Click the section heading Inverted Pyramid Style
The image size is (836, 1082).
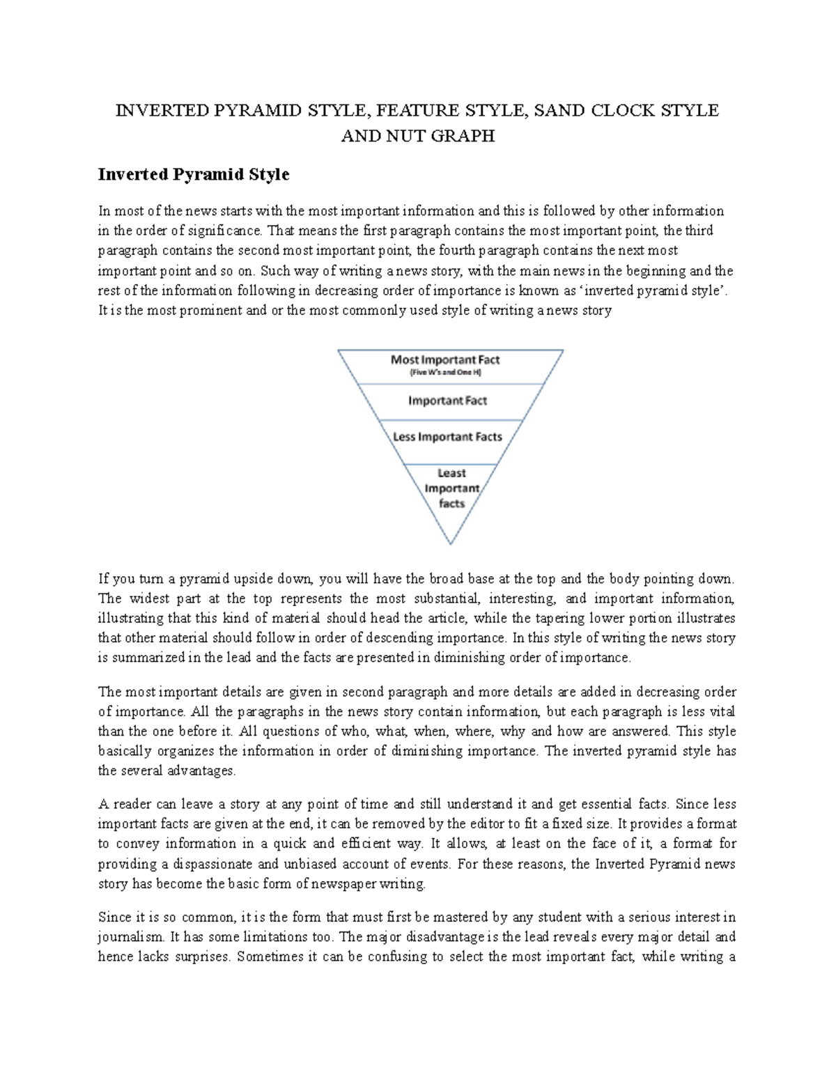(194, 174)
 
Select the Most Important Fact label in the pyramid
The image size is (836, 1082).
(445, 360)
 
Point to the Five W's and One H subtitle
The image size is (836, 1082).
(444, 373)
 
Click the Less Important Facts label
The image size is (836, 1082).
(447, 437)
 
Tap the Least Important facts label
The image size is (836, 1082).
(451, 488)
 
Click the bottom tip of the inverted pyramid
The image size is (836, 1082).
(451, 542)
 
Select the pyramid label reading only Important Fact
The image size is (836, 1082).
(447, 401)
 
